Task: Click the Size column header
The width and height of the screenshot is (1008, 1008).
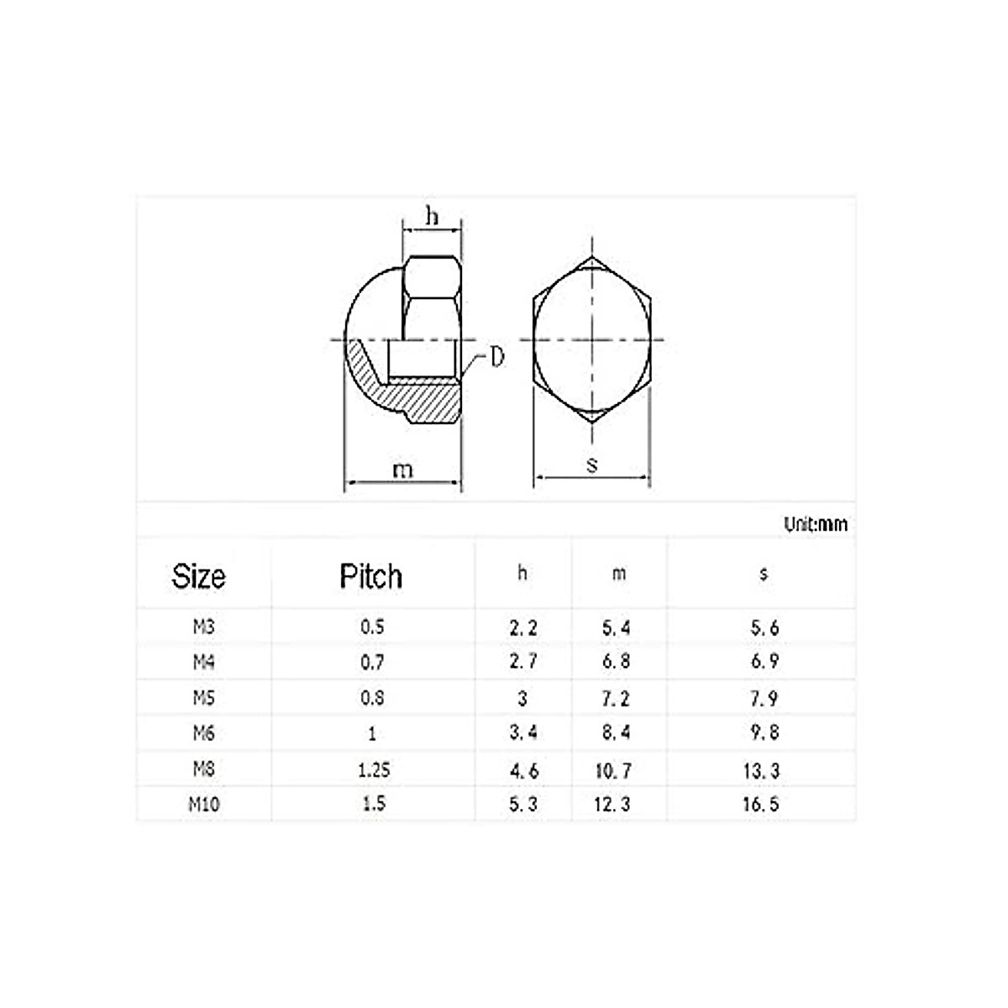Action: tap(199, 576)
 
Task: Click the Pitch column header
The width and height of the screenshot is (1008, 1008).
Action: tap(370, 576)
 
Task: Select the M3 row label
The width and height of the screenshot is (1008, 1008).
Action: tap(203, 627)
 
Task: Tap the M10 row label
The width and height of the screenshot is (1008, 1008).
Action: tap(203, 804)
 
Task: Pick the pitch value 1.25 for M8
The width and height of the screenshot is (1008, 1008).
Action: tap(372, 769)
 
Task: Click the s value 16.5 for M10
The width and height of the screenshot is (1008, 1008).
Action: tap(761, 804)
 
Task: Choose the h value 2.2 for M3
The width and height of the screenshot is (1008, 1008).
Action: tap(522, 627)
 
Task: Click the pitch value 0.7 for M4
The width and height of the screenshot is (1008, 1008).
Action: tap(372, 662)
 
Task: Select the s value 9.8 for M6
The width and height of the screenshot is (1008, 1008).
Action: tap(764, 732)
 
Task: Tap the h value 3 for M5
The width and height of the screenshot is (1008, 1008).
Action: tap(522, 698)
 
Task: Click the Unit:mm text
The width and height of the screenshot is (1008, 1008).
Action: tap(816, 524)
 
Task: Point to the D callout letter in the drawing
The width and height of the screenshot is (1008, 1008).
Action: tap(497, 358)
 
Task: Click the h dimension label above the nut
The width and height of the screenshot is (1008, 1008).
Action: tap(432, 217)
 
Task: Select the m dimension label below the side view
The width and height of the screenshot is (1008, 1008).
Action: tap(403, 470)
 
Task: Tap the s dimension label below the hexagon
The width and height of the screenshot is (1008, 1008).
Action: tap(592, 464)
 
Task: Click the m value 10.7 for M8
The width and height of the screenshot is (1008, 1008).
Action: tap(614, 769)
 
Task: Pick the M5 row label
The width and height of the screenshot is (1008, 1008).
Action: tap(203, 697)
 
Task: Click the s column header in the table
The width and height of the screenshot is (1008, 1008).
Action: tap(763, 575)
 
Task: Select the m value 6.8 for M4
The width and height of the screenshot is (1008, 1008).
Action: tap(616, 662)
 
